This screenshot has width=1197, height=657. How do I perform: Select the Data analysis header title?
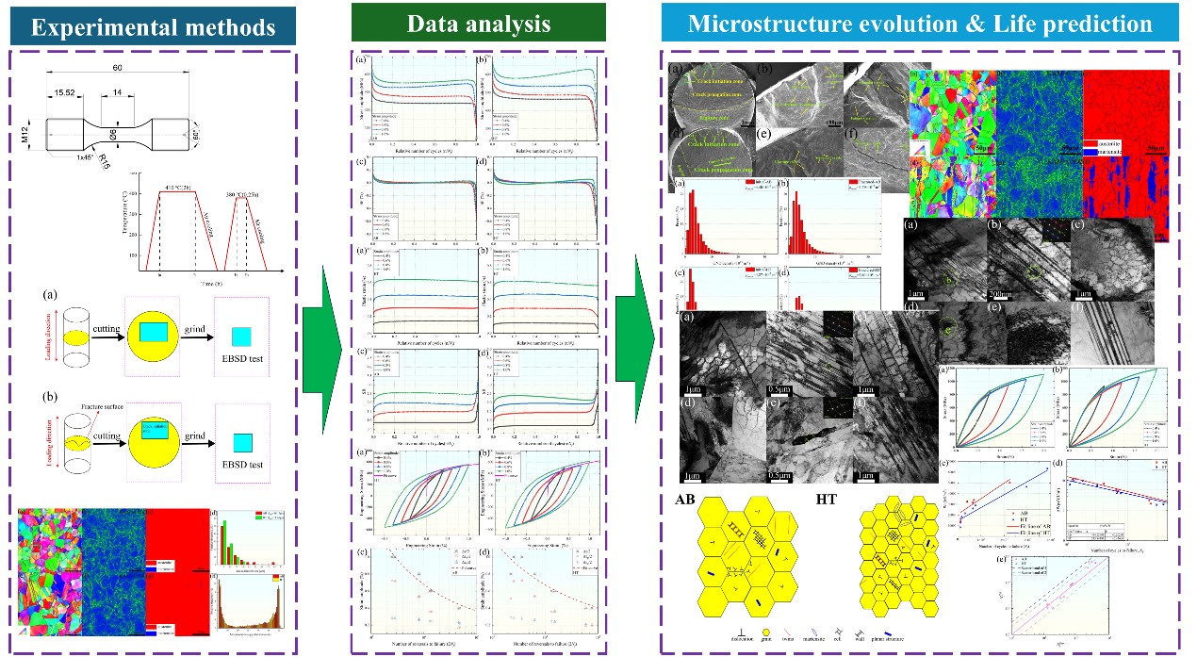479,24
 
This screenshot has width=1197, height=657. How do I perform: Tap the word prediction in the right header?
1091,24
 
